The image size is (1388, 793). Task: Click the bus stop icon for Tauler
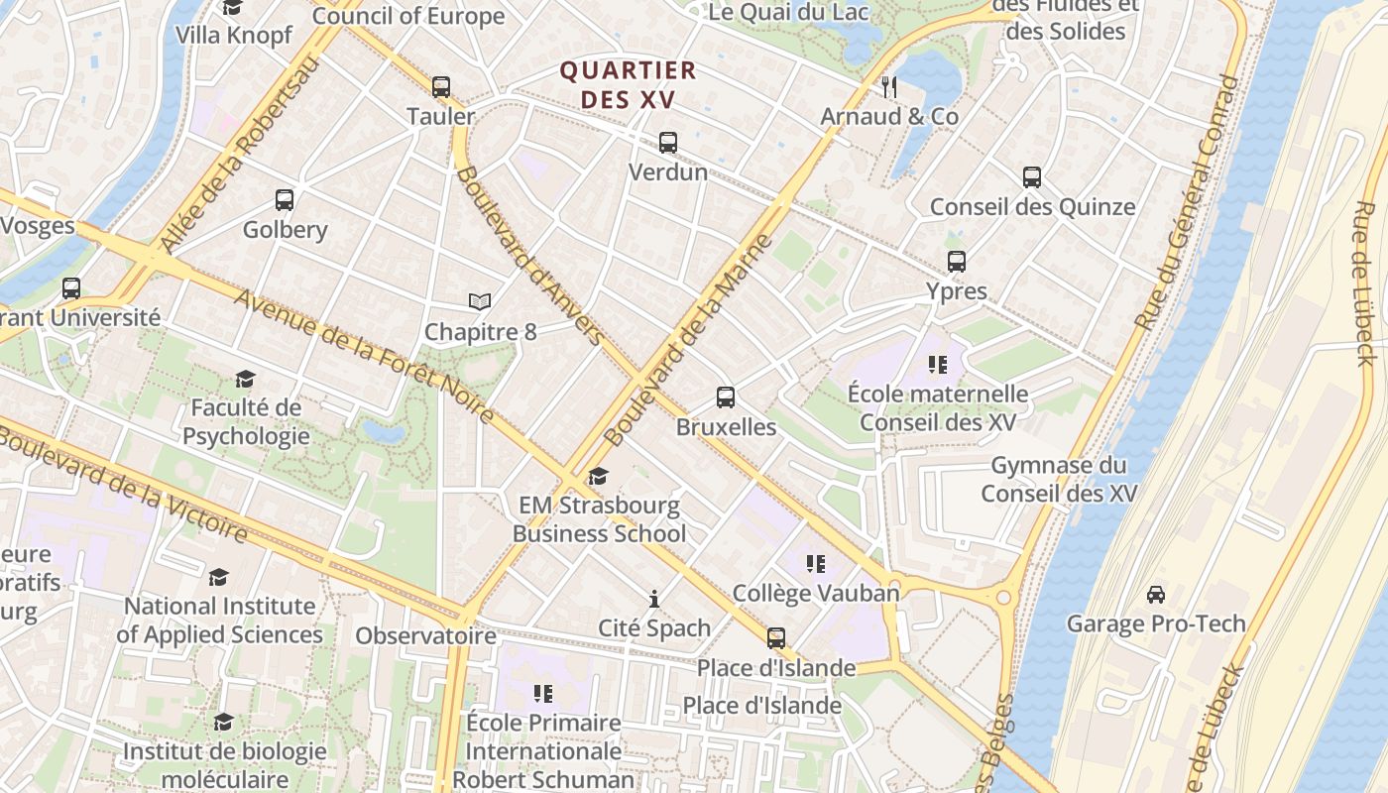point(441,87)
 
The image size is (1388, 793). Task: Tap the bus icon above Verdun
point(668,143)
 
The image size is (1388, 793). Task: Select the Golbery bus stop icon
point(285,200)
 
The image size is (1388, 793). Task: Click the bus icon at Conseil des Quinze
point(1032,177)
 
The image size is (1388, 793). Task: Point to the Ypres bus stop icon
point(957,262)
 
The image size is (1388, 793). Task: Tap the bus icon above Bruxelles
point(726,397)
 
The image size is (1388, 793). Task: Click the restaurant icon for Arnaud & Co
point(889,87)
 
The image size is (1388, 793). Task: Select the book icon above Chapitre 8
point(480,301)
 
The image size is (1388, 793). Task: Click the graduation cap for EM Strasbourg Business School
point(598,477)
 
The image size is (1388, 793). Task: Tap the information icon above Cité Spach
point(654,599)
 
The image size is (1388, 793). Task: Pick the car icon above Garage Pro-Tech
point(1156,595)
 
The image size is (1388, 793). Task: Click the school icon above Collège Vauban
point(816,564)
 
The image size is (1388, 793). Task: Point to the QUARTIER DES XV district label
point(629,85)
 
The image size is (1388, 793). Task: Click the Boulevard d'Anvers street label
point(529,255)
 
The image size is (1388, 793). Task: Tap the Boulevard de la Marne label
point(688,340)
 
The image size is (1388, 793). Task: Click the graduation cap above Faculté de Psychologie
point(245,379)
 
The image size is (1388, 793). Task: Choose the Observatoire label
point(425,635)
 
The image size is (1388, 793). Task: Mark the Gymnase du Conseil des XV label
point(1060,479)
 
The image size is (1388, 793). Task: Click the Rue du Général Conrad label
point(1188,203)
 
